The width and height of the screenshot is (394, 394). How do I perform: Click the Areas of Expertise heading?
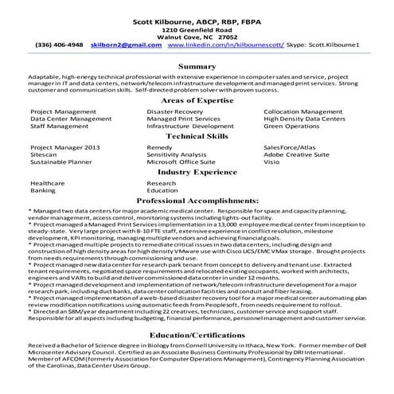coord(197,103)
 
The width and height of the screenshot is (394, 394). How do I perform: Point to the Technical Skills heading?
coord(197,137)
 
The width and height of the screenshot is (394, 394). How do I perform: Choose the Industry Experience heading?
coord(197,171)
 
